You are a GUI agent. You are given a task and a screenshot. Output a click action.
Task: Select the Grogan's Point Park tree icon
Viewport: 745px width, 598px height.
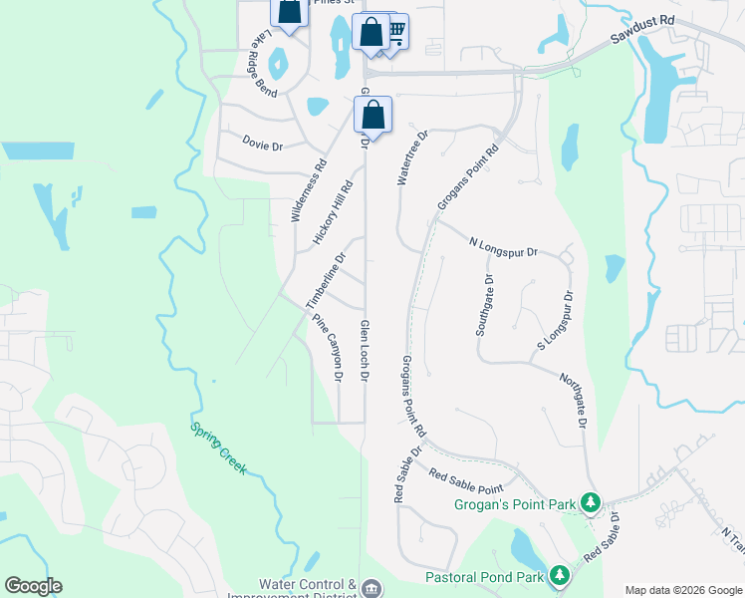592,502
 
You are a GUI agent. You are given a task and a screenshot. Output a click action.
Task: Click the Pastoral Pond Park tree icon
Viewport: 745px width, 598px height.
560,575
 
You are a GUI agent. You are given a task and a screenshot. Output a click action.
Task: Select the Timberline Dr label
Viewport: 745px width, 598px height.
326,279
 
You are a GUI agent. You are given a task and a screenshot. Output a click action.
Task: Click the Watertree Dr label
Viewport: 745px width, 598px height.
411,157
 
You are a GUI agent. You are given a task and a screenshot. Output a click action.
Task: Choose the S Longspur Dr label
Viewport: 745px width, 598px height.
557,320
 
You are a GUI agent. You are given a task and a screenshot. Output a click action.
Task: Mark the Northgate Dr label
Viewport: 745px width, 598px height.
572,397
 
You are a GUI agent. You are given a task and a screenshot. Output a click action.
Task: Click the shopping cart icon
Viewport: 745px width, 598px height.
395,32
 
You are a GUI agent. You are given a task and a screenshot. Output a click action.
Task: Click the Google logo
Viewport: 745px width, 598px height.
33,586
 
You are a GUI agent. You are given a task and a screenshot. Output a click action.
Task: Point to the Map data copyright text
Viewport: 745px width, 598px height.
682,590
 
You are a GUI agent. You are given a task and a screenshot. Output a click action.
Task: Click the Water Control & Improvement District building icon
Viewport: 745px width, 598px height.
372,588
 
